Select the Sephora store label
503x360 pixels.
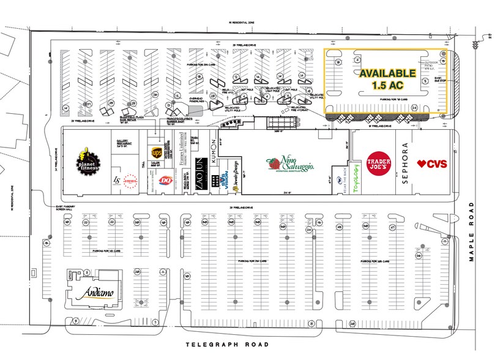tap(404, 163)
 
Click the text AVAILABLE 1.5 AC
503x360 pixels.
tap(386, 77)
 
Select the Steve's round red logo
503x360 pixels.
tap(130, 181)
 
